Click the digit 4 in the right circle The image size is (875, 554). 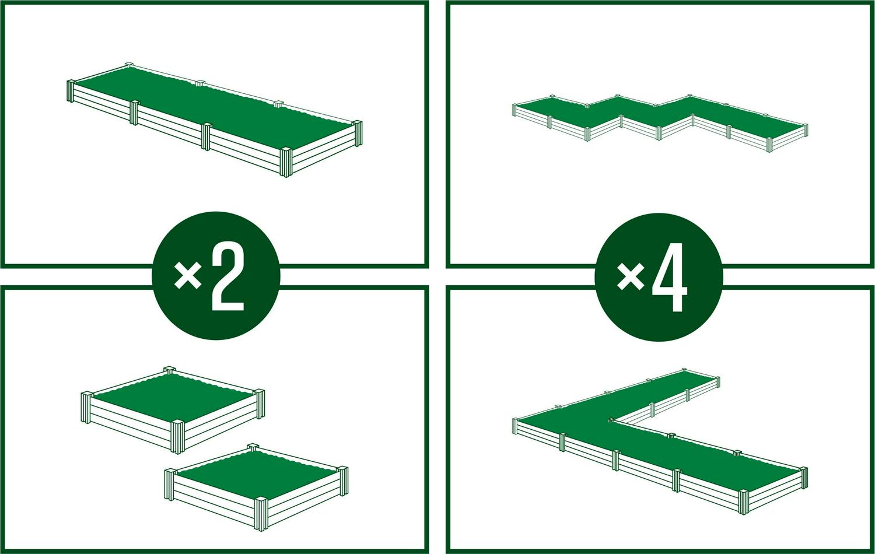coord(670,279)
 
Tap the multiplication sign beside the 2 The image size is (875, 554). coord(188,275)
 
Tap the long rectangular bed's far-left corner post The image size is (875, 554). coord(71,91)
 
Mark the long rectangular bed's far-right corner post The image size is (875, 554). coord(356,134)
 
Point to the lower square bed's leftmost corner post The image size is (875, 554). coord(170,484)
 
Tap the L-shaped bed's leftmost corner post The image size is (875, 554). coord(515,426)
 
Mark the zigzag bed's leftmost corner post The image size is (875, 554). coord(515,110)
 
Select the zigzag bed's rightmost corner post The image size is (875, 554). coord(805,130)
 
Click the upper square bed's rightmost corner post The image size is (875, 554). coord(260,404)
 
